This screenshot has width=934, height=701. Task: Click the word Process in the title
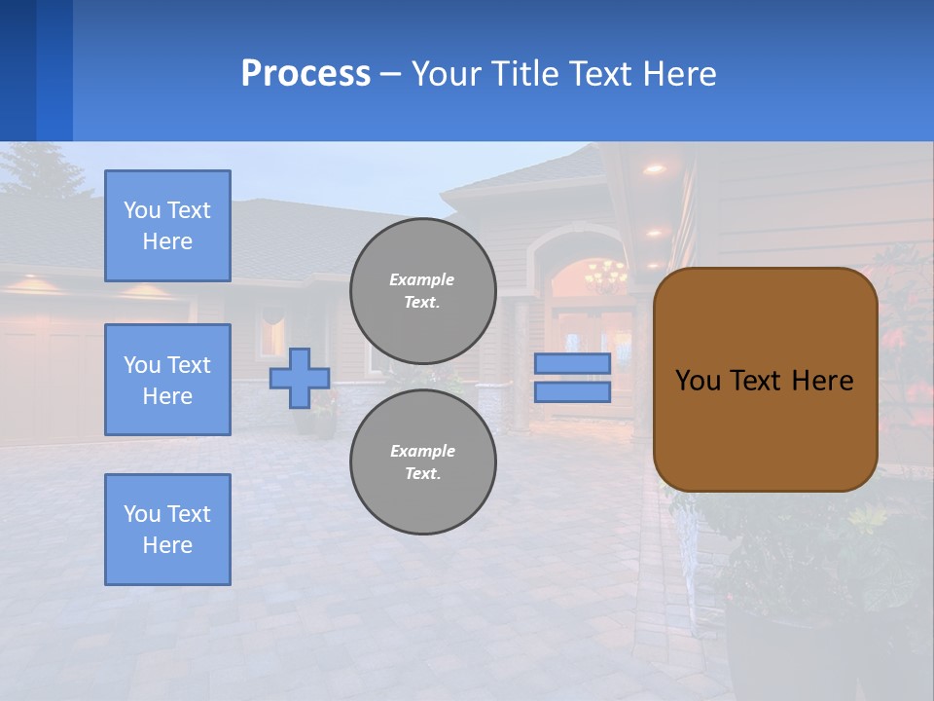305,74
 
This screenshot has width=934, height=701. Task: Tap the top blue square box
167,226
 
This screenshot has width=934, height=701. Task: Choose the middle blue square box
167,380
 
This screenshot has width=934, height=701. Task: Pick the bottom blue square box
167,530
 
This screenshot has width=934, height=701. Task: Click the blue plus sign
300,378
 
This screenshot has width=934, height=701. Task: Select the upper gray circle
422,290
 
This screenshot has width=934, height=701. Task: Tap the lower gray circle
422,461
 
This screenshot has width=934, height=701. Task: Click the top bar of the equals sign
572,364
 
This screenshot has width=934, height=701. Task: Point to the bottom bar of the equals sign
572,391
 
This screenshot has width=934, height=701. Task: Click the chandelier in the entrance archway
605,274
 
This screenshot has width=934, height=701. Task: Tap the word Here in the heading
679,74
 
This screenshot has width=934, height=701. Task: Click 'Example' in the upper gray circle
422,279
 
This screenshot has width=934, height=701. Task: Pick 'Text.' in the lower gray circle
422,473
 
